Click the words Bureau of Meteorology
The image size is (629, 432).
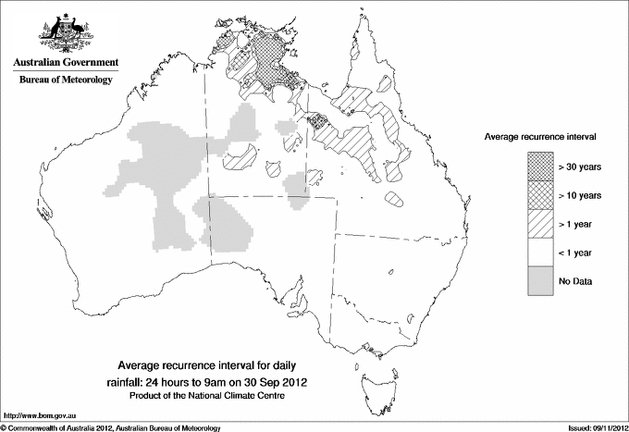66,80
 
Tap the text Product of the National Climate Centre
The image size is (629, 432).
219,396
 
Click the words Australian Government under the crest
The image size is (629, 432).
66,62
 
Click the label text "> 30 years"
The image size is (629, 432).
580,167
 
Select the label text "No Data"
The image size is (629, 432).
574,281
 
